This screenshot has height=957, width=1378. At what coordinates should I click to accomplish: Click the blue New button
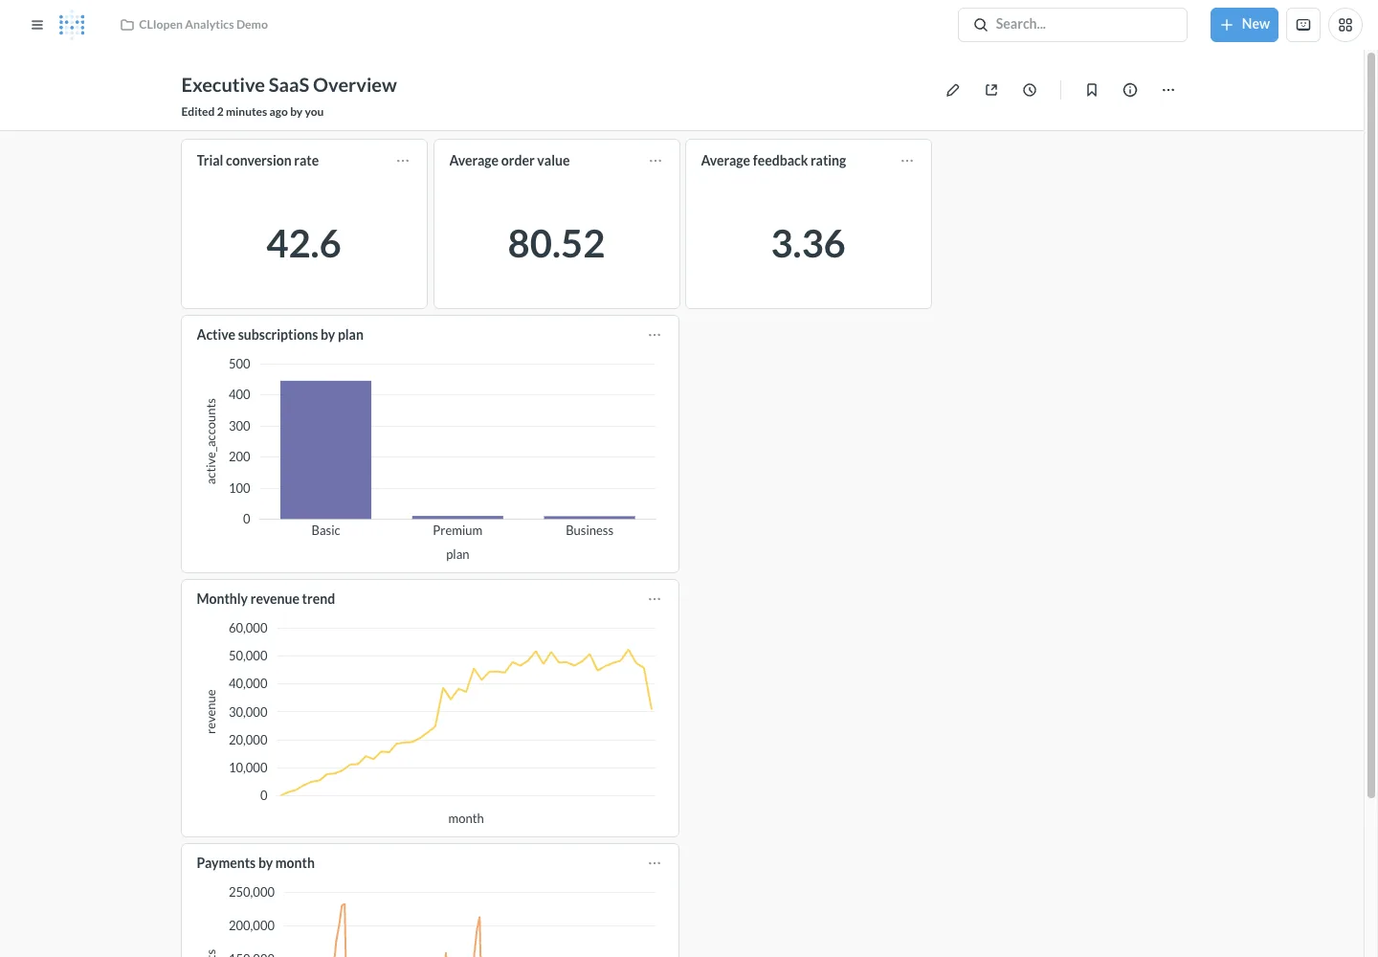(x=1244, y=25)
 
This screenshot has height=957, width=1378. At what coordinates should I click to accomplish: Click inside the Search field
(x=1072, y=25)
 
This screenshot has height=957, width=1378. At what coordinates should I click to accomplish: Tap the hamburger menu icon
(x=37, y=25)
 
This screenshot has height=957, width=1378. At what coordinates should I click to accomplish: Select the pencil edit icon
(x=952, y=90)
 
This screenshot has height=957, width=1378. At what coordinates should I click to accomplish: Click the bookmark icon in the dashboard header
(x=1091, y=90)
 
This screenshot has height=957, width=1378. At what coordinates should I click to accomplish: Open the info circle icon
(x=1129, y=90)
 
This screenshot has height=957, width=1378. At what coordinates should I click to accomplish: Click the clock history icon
(x=1030, y=90)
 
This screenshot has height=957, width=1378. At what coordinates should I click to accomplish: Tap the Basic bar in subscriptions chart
(x=325, y=450)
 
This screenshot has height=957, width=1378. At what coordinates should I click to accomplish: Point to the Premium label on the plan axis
(x=457, y=530)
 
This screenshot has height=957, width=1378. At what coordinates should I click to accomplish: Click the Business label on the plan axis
(x=589, y=530)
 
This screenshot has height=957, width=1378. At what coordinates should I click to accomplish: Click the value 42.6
(x=303, y=243)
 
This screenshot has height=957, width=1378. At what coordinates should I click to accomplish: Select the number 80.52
(x=556, y=243)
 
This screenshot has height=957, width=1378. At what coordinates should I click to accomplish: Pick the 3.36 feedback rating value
(x=808, y=243)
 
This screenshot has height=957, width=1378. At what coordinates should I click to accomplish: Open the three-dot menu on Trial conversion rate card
(x=403, y=161)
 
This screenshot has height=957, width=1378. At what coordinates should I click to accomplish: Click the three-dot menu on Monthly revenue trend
(x=654, y=598)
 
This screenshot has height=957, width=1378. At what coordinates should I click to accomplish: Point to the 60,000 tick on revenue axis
(x=248, y=628)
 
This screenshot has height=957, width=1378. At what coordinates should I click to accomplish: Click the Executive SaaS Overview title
(x=289, y=85)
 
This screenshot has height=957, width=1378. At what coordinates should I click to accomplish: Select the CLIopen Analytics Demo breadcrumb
(x=203, y=25)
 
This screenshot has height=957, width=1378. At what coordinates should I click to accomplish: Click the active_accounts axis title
(x=211, y=441)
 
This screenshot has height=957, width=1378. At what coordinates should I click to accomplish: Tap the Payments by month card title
(x=256, y=863)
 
